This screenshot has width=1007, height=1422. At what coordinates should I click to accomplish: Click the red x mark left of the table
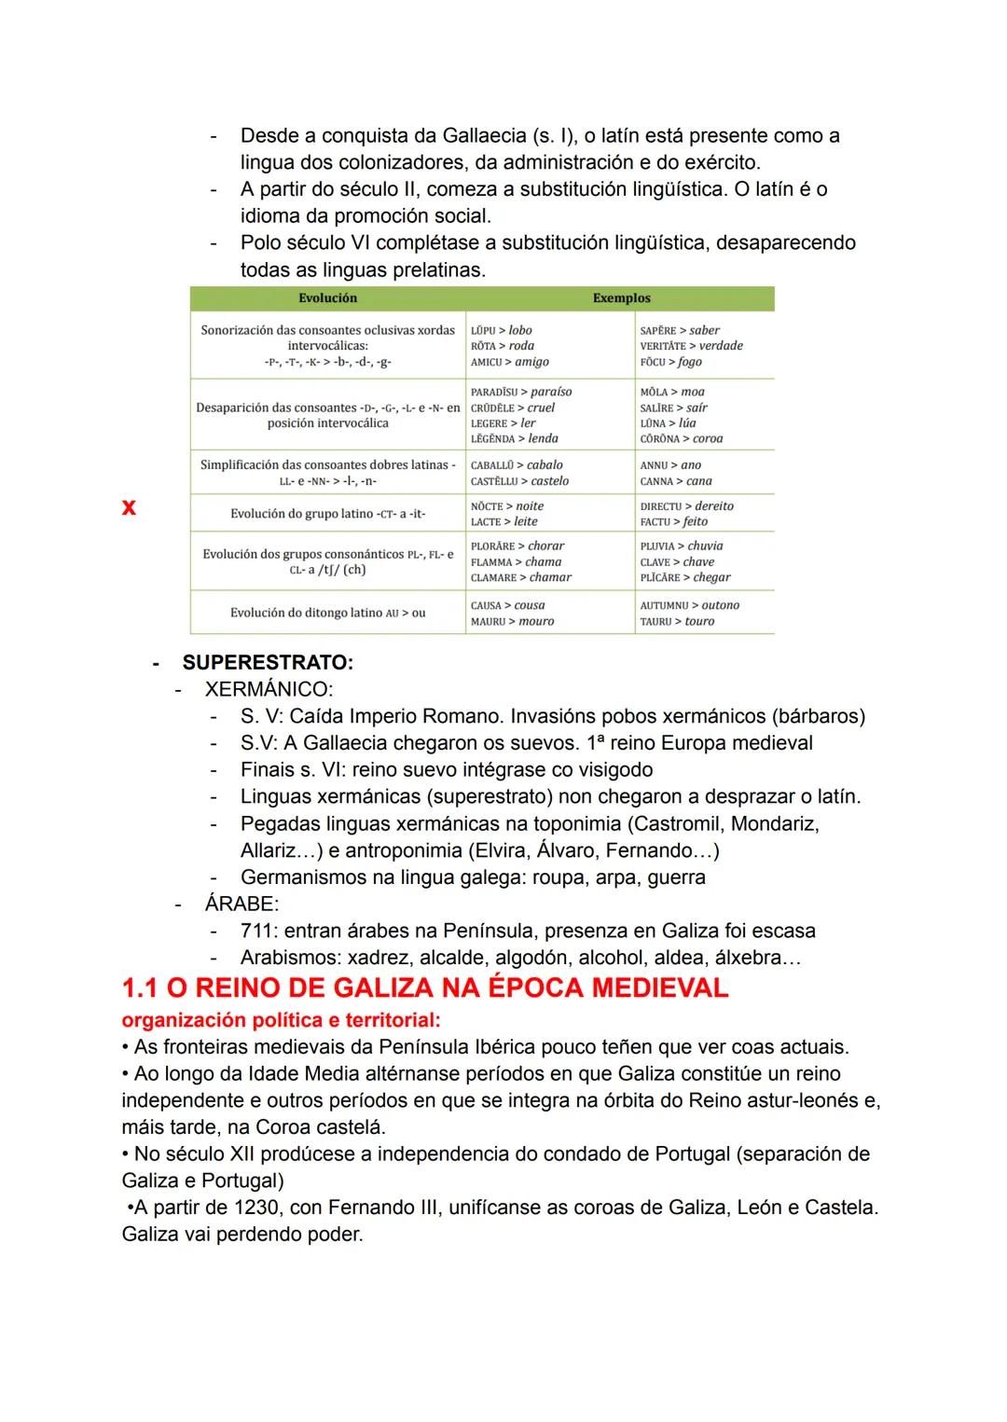[129, 507]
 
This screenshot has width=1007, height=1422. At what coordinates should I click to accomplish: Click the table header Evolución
[327, 298]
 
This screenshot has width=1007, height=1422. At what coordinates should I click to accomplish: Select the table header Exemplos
[621, 298]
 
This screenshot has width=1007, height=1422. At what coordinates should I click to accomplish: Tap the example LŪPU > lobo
[502, 330]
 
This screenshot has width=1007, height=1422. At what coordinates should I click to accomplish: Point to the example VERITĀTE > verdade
[691, 346]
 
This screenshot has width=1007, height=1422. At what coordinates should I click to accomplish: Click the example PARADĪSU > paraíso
[521, 392]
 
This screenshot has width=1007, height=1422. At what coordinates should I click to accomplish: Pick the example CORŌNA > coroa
[682, 438]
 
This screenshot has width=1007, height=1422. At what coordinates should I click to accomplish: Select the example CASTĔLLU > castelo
[519, 481]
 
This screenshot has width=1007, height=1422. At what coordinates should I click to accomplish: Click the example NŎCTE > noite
[507, 506]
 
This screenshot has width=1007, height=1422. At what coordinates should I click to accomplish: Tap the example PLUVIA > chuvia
[682, 546]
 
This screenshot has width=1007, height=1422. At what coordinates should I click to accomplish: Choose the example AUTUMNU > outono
[689, 605]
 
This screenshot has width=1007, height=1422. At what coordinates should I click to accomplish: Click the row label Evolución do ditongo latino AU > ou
[327, 613]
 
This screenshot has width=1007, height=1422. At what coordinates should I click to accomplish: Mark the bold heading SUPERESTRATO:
[268, 663]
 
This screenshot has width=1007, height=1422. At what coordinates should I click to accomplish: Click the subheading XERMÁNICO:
[269, 690]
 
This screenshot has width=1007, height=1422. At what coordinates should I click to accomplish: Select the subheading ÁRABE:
[241, 904]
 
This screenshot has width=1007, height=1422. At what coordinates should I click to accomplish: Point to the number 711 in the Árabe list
[258, 931]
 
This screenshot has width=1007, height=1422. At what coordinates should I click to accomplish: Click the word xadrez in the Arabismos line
[379, 958]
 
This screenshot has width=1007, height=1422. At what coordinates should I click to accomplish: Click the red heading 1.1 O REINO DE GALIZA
[425, 988]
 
